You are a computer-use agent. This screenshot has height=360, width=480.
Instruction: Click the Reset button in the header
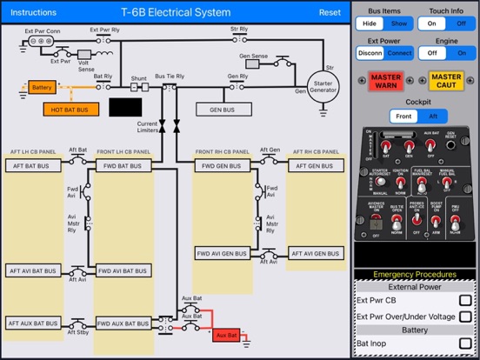click(x=330, y=12)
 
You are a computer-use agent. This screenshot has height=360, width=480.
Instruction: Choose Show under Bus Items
click(x=399, y=24)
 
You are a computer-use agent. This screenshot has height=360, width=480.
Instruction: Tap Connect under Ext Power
click(x=399, y=52)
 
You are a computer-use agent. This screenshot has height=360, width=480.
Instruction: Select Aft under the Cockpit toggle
click(x=433, y=115)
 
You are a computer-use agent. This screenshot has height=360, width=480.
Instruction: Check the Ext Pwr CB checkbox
click(x=465, y=301)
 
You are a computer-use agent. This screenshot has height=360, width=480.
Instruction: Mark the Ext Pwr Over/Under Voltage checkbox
click(x=465, y=317)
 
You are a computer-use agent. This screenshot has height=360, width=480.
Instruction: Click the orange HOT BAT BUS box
click(x=70, y=110)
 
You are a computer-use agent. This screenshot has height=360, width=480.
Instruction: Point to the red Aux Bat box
click(x=227, y=334)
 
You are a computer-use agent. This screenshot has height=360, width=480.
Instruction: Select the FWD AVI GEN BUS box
click(x=223, y=254)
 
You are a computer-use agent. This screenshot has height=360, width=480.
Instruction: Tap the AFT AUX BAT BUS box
click(x=34, y=323)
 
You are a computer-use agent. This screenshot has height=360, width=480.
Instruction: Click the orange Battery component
click(x=41, y=88)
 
